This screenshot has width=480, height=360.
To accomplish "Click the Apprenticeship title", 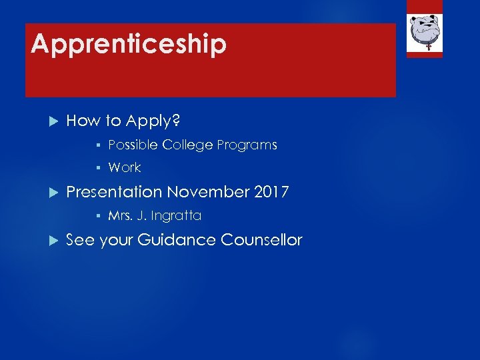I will [x=129, y=44].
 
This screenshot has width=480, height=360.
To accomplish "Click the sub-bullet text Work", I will [x=125, y=168].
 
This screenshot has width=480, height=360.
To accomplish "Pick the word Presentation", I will [x=114, y=193].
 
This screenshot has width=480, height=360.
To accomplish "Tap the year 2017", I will [x=271, y=193].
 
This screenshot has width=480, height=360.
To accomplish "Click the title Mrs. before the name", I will [x=121, y=216].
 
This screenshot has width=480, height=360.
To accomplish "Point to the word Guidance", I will [x=176, y=240].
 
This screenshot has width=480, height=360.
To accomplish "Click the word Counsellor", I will [x=261, y=240].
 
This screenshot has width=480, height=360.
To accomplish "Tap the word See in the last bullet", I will [x=81, y=240].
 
